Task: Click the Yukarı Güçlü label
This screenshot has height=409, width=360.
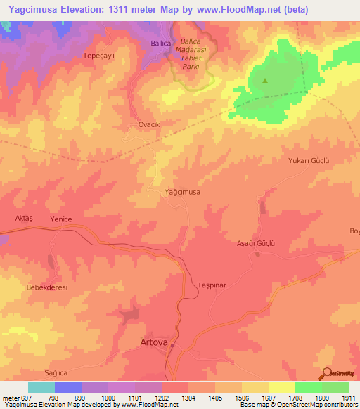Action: click(x=309, y=160)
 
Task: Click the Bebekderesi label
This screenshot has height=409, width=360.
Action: click(x=47, y=288)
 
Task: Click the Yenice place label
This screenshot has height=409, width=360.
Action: click(x=61, y=219)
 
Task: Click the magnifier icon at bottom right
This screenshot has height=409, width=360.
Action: click(x=326, y=374)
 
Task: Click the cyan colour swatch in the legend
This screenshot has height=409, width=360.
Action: click(x=41, y=387)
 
